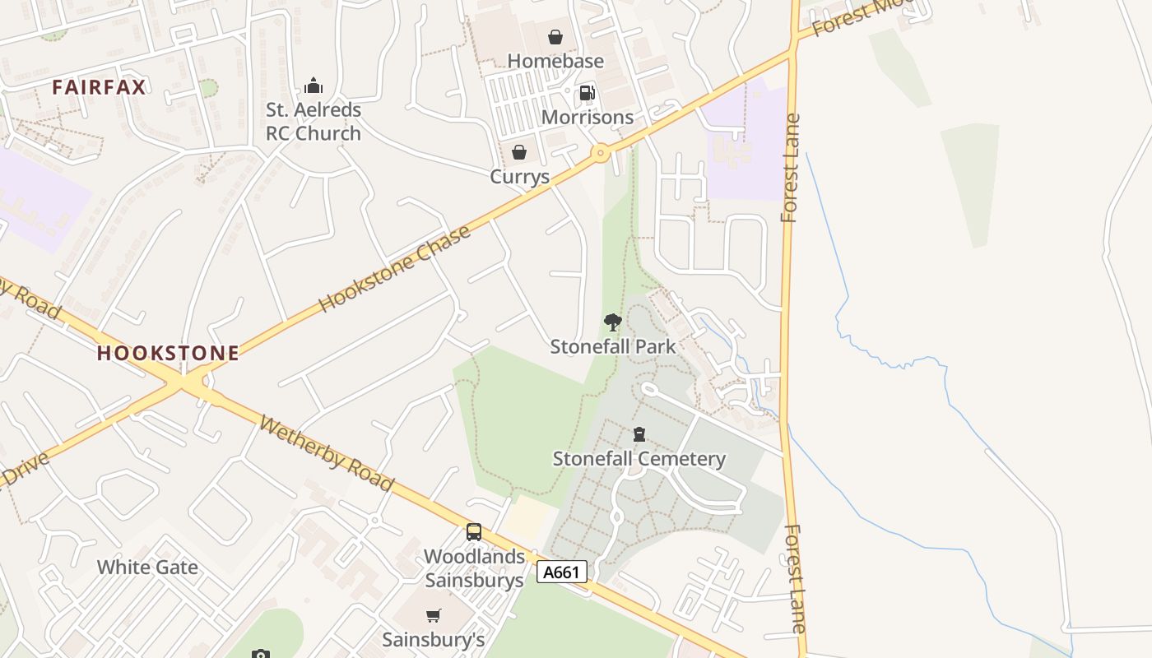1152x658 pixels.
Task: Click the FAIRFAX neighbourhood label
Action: point(99,87)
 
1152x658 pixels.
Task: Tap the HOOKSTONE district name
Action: point(168,354)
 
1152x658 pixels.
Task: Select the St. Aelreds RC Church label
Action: point(313,121)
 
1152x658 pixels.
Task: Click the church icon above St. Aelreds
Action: point(313,86)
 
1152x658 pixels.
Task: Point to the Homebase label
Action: point(555,61)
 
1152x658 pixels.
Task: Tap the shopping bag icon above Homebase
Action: point(555,37)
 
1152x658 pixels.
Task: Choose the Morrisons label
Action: point(588,117)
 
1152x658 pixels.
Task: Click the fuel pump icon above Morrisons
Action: point(587,93)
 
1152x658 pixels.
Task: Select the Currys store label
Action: point(519,176)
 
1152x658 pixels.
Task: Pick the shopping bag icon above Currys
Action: point(519,152)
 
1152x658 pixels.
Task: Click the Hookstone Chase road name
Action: point(394,268)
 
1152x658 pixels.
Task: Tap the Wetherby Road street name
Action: point(327,453)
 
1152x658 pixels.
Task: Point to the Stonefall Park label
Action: point(613,346)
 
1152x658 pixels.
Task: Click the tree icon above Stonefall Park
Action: point(612,322)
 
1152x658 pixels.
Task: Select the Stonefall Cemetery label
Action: point(639,458)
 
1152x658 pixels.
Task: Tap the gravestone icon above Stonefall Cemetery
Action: point(639,434)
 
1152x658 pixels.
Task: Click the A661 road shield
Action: point(562,572)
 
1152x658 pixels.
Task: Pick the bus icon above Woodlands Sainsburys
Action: point(474,532)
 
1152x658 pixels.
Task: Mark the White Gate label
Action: point(147,567)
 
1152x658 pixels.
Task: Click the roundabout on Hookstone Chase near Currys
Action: point(601,152)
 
